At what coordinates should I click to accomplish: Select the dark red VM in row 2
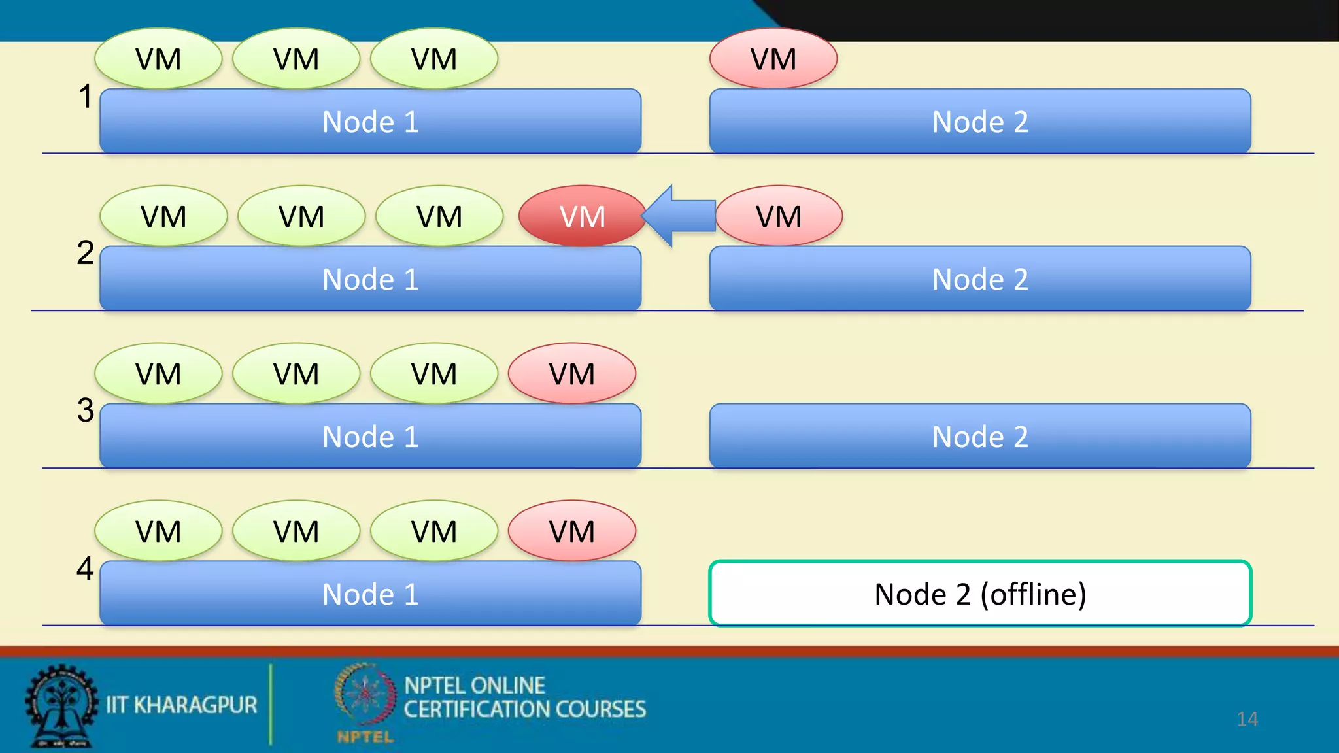(x=582, y=216)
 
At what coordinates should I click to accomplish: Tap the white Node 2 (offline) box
(x=979, y=594)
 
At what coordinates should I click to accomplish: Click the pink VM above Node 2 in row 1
(x=773, y=59)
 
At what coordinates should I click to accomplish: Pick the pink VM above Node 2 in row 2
(x=779, y=216)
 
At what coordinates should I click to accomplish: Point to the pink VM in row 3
(x=572, y=374)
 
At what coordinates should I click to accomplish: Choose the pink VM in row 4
(x=572, y=531)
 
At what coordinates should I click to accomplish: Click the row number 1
(x=85, y=96)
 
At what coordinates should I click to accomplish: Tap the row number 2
(x=85, y=253)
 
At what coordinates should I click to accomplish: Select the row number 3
(x=85, y=410)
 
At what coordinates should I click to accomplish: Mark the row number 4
(x=85, y=568)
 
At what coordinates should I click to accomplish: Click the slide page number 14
(x=1247, y=719)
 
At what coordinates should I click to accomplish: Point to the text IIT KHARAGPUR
(x=182, y=705)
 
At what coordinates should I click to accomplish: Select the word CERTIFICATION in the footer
(x=477, y=710)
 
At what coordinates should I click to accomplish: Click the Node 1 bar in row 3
(x=370, y=436)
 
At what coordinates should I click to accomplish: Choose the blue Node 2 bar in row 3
(x=979, y=436)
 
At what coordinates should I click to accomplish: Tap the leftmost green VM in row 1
(x=158, y=59)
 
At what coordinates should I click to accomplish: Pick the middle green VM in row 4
(x=296, y=531)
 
